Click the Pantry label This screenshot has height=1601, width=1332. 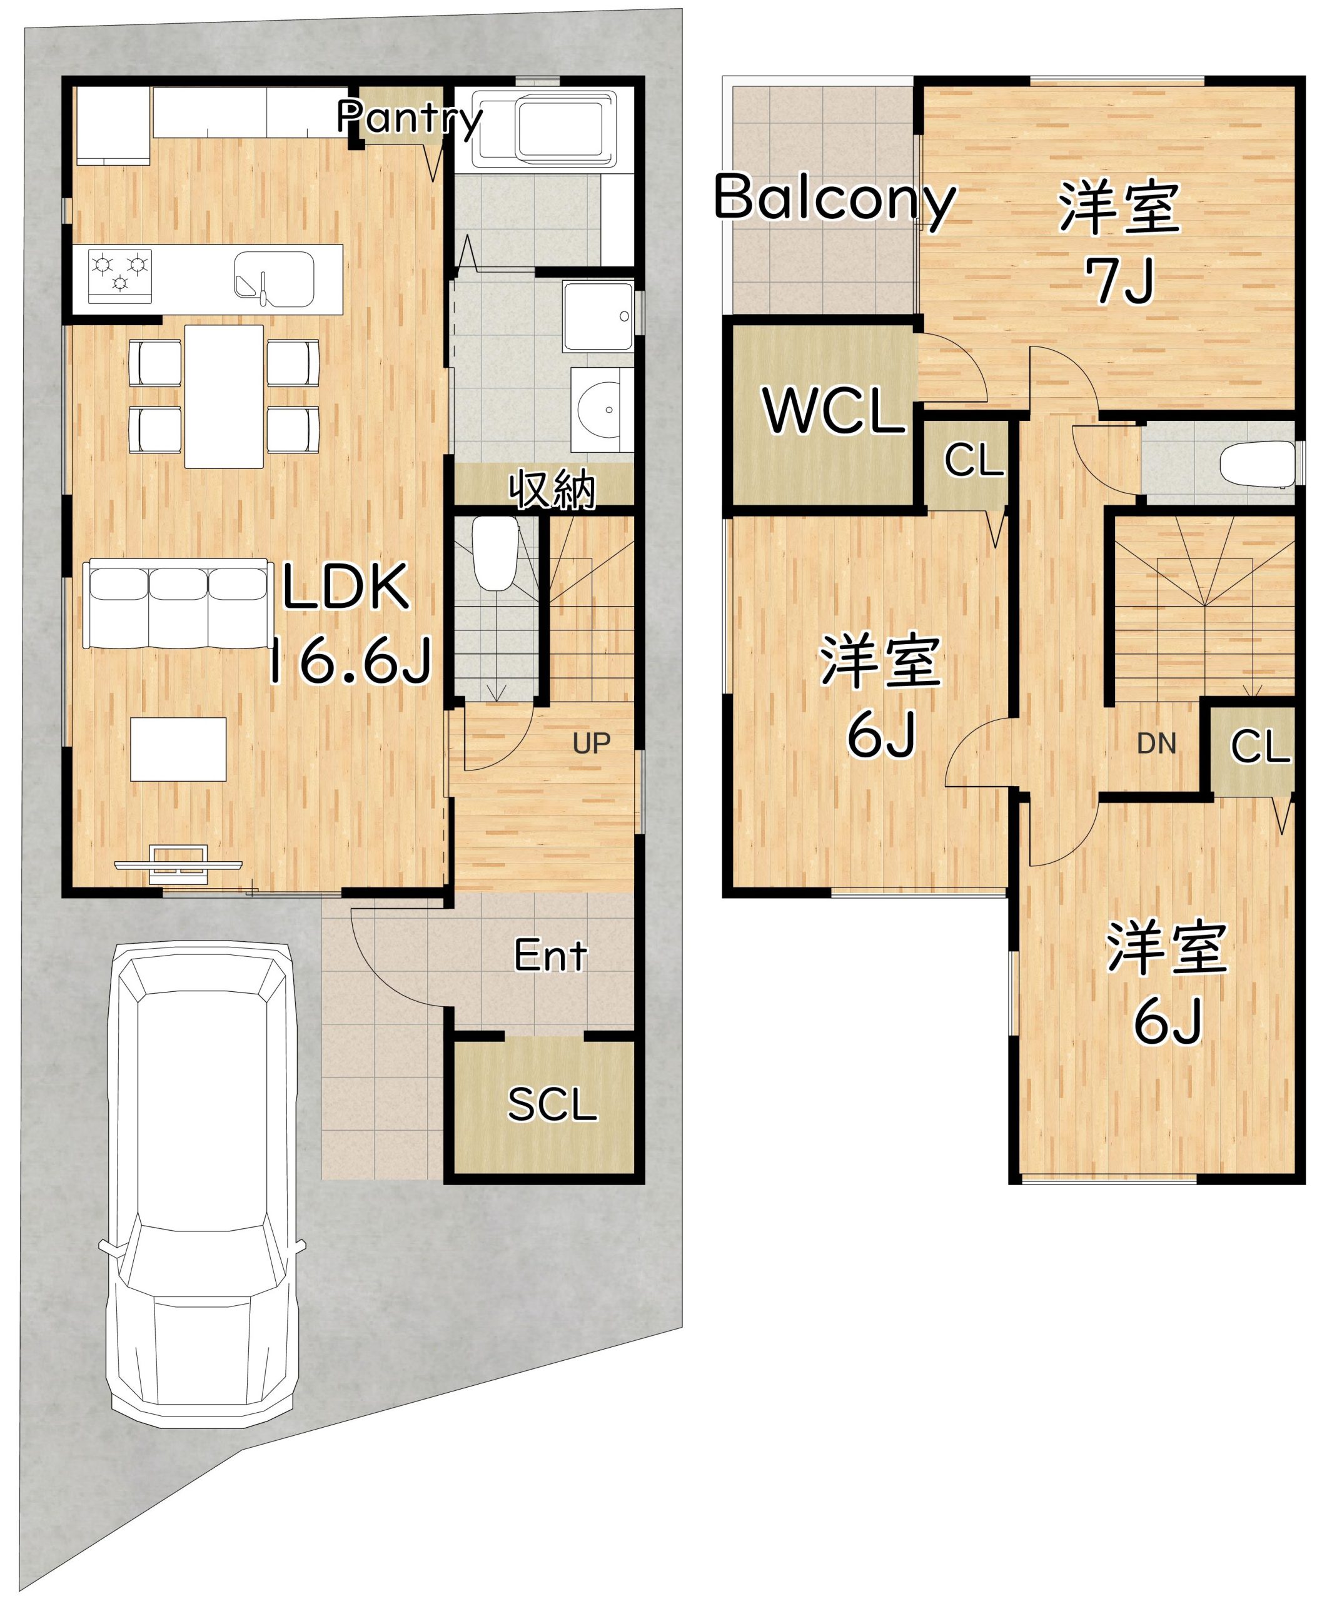coord(410,118)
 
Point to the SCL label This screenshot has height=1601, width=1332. coord(552,1104)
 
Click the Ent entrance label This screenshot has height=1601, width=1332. coord(550,956)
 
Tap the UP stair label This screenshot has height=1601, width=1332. coord(592,744)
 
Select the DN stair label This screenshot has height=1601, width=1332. coord(1157,744)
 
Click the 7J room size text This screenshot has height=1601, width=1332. coord(1121,281)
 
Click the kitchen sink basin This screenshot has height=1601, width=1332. coord(274,279)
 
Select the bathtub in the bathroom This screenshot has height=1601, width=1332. coord(545,129)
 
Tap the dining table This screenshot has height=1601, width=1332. coord(224,396)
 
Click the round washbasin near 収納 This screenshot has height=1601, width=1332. coord(602,413)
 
